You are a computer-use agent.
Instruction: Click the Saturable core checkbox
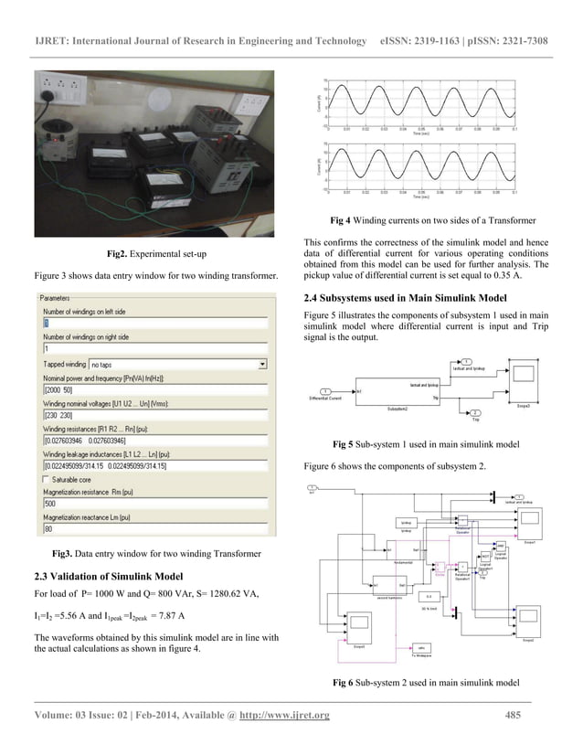[48, 479]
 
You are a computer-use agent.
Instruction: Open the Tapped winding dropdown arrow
[262, 364]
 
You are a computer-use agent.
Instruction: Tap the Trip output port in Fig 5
[478, 413]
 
